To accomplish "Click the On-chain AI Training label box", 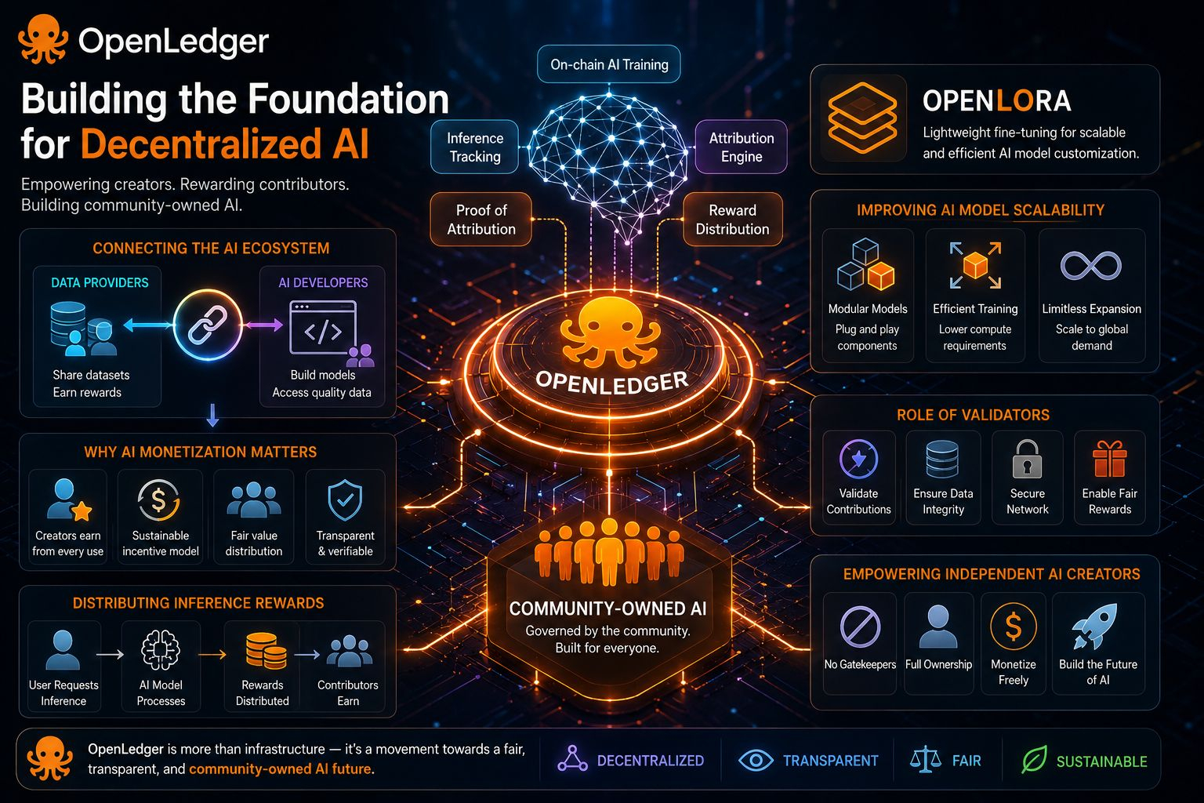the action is (x=608, y=64).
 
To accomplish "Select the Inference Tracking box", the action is (x=474, y=147).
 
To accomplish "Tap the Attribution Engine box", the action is (x=742, y=147).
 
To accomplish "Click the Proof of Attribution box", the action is (x=481, y=220).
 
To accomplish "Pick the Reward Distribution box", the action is (x=732, y=220).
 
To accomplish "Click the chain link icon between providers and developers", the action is (x=208, y=325).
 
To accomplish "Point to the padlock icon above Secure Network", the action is (x=1027, y=460).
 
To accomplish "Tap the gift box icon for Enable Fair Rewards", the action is (x=1109, y=460).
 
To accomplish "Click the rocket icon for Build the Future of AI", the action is (x=1095, y=626).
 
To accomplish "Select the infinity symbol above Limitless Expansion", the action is (x=1091, y=266).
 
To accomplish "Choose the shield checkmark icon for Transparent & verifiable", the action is (x=345, y=500).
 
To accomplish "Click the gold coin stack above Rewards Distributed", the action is (x=266, y=651).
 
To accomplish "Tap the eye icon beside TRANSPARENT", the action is (x=756, y=761).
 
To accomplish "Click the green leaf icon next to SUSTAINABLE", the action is (x=1034, y=760).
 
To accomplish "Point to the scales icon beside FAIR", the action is (x=925, y=760).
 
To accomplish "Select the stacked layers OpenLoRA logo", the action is (x=862, y=118).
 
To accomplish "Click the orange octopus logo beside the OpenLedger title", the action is (x=43, y=38).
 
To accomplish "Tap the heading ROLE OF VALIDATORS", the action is (x=973, y=415).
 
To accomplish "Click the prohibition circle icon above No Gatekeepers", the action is (x=860, y=627).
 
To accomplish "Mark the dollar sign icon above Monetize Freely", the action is (x=1014, y=627).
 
